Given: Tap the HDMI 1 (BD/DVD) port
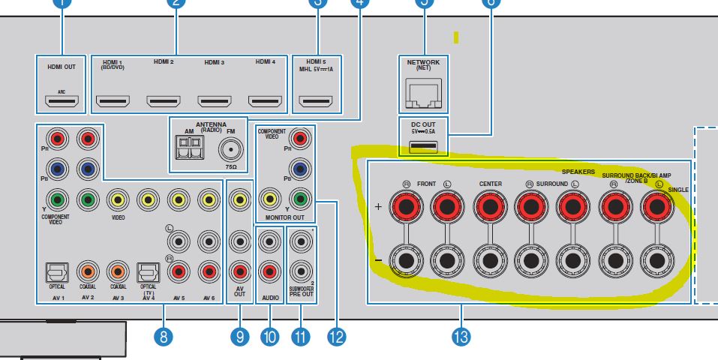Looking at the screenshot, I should (x=113, y=100).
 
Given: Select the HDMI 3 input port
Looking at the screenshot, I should (x=214, y=100).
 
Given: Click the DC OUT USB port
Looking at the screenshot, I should (x=424, y=142).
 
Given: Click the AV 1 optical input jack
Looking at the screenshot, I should (x=58, y=270).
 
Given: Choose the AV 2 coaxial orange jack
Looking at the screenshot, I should (x=88, y=270).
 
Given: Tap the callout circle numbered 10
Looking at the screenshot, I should (x=269, y=337).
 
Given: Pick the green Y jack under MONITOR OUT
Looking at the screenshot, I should (x=300, y=199).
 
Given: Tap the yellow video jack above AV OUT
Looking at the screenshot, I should (x=239, y=199).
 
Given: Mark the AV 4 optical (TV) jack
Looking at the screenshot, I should (x=147, y=270).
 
